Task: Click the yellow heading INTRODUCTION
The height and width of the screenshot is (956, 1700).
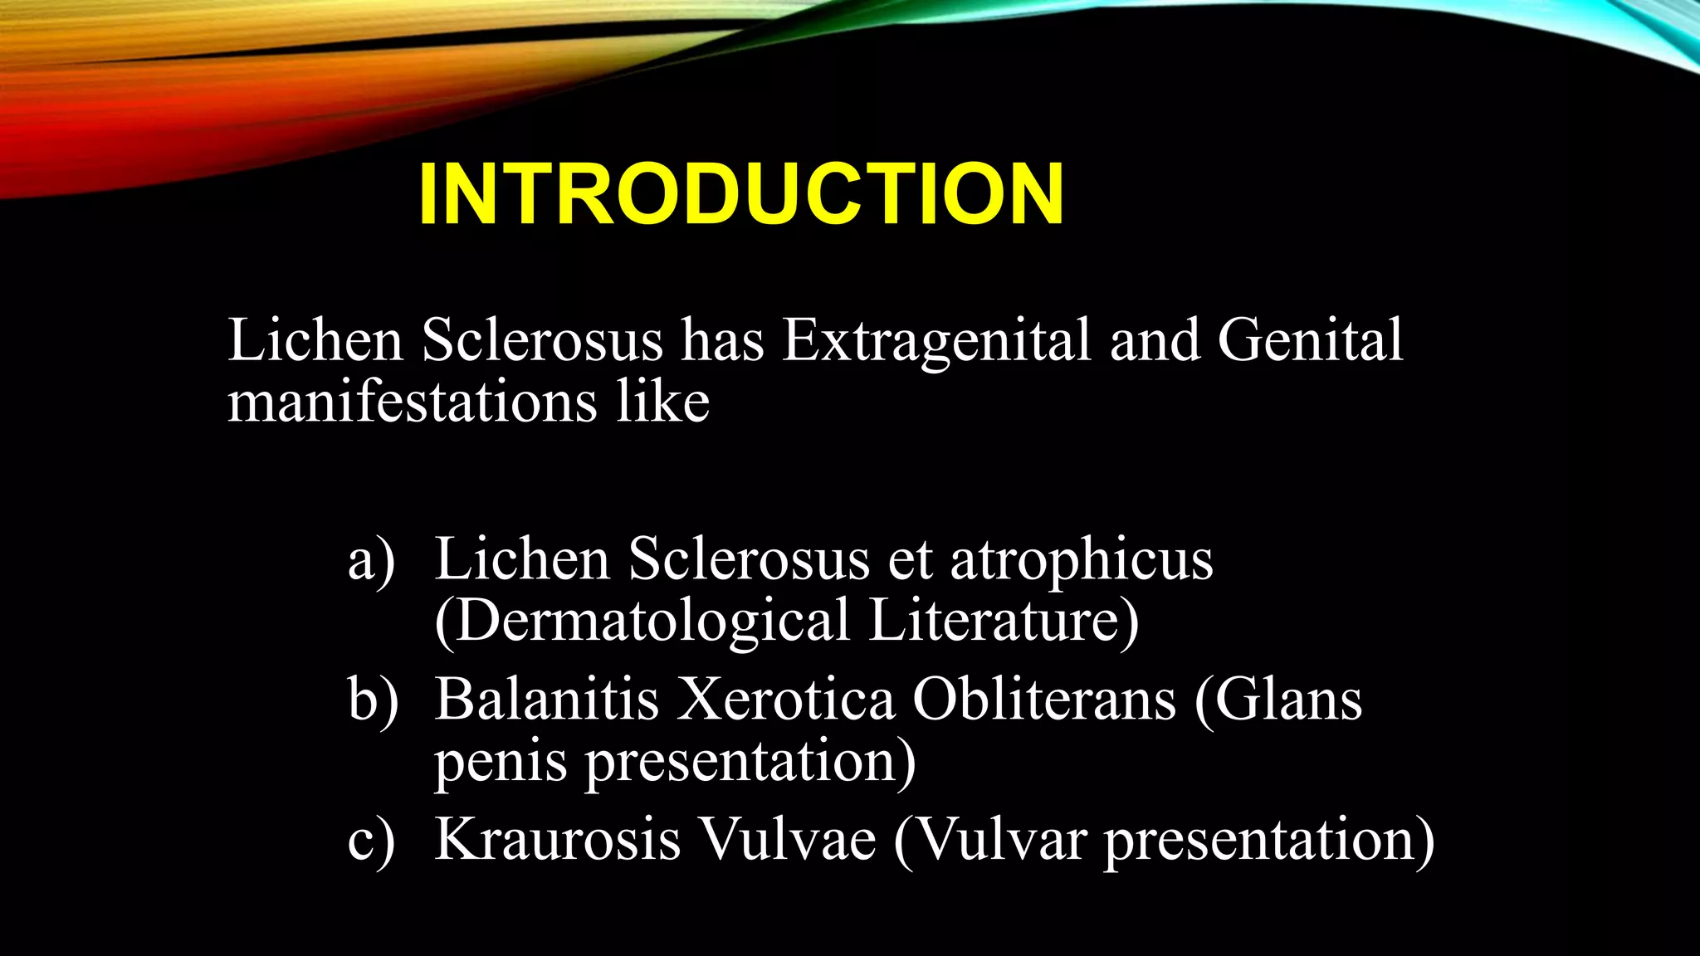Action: (x=740, y=194)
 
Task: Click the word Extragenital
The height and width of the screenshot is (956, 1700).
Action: (x=936, y=340)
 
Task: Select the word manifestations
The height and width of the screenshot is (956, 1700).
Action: (x=413, y=402)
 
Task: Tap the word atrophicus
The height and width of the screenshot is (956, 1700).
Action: (x=1081, y=559)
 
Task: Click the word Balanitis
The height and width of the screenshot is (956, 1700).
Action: (x=547, y=699)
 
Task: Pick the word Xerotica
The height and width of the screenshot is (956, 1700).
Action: (x=786, y=699)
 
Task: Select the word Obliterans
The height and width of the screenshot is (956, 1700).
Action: (x=1044, y=699)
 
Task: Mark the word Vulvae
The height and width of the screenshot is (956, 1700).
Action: (x=786, y=839)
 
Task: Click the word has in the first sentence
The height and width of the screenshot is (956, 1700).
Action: (x=722, y=340)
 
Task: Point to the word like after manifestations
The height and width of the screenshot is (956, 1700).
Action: (x=662, y=402)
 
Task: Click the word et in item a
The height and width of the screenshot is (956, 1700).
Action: (x=910, y=561)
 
